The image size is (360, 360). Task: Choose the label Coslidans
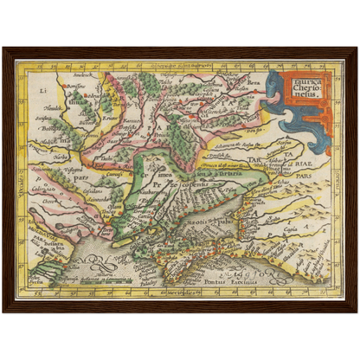pyautogui.click(x=78, y=173)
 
